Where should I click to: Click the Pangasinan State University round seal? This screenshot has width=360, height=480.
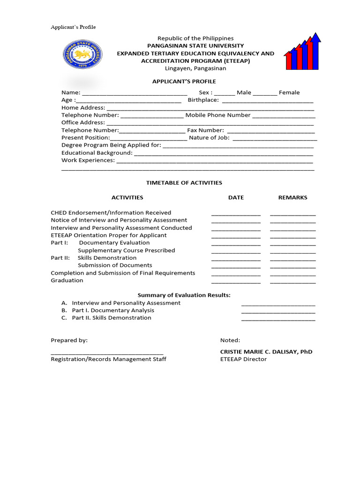82,54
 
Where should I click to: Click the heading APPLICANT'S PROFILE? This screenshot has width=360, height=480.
184,82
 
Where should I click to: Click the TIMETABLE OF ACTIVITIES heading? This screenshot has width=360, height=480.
184,183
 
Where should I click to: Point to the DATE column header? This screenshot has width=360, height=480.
236,198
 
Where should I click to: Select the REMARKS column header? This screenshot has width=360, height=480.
293,198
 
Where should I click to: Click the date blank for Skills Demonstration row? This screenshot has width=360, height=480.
236,259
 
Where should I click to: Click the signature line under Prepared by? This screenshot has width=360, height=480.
107,353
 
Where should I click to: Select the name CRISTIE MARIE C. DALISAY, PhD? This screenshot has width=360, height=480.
266,352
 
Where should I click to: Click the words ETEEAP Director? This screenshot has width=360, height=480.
243,360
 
